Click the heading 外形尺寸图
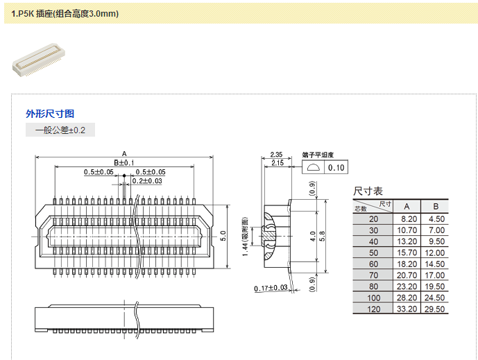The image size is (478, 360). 50,114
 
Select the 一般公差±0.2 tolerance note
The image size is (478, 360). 60,130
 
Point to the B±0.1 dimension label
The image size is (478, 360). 123,162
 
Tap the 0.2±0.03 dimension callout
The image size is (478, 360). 146,181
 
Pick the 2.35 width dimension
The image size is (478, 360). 275,155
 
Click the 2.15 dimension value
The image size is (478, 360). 275,162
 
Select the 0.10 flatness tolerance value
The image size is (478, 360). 336,168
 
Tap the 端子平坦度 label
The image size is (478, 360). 318,155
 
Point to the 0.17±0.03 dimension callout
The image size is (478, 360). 271,288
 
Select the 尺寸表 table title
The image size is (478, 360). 368,191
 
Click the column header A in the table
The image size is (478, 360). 407,206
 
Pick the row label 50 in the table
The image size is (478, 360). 374,252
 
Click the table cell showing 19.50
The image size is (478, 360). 436,286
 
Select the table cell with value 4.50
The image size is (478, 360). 436,218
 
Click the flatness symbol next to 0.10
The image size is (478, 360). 313,168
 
